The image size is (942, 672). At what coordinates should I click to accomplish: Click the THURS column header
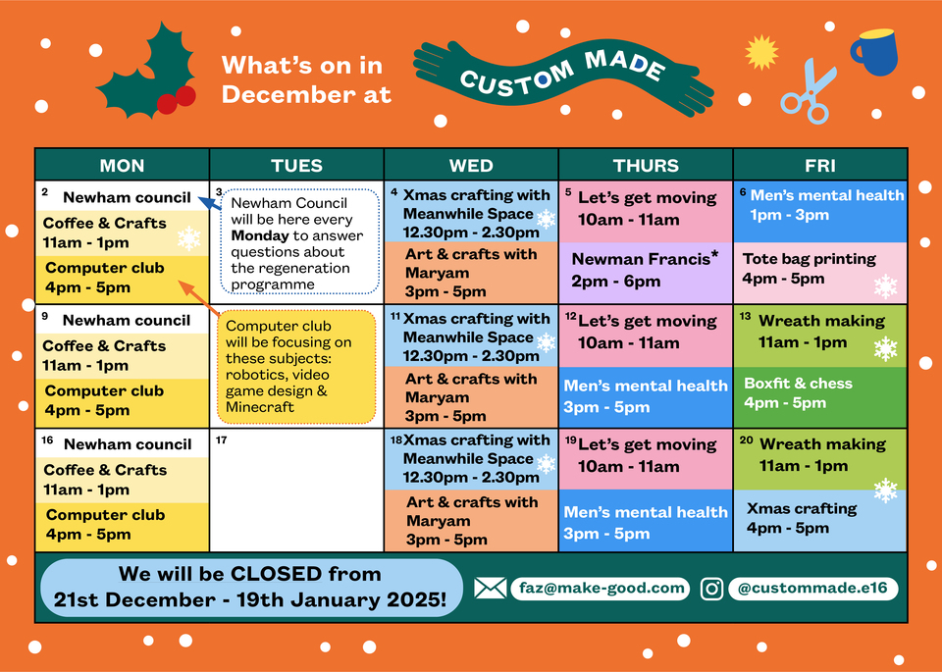coord(646,165)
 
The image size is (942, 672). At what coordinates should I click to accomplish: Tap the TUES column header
coord(296,165)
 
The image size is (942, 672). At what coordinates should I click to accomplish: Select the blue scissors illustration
coord(808,91)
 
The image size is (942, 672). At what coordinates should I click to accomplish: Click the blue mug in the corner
coord(874,52)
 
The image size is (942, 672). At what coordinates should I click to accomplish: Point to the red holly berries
coord(177,100)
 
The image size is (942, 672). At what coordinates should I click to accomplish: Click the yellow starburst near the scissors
coord(761,52)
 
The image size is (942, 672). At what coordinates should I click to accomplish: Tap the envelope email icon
coord(491,589)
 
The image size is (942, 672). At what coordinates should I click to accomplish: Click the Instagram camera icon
coord(712,589)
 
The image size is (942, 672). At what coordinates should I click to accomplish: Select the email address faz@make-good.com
coord(602,588)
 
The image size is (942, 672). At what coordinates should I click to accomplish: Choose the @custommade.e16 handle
coord(812,588)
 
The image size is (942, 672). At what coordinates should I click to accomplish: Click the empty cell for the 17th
coord(296,491)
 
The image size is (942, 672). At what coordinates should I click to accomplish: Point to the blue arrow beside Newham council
coord(210,203)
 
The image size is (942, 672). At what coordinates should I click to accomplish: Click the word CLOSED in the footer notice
coord(276,574)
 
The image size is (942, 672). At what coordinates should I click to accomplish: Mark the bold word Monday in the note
coord(260,235)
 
